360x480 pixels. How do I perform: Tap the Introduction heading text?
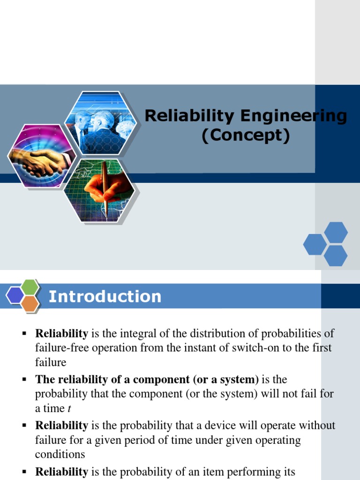click(x=105, y=297)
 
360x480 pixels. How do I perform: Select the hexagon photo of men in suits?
click(x=101, y=123)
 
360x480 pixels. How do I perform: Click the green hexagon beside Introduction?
click(x=30, y=286)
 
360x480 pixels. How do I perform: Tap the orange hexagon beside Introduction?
click(x=30, y=304)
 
